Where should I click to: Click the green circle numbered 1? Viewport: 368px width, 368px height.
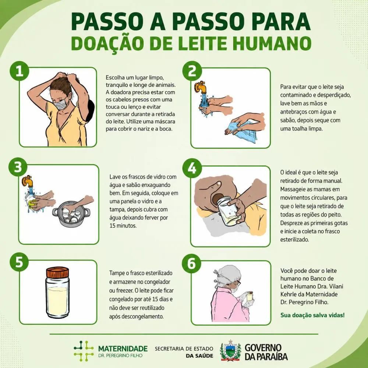pos(20,71)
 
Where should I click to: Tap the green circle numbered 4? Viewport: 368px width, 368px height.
pos(192,168)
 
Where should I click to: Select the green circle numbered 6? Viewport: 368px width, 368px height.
pos(192,263)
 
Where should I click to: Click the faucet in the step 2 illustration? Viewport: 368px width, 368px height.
pos(201,87)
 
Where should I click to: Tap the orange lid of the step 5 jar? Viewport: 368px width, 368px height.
pos(57,272)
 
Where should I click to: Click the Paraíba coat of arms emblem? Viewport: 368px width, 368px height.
pos(230,350)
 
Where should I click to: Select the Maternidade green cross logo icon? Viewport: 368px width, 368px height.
pos(84,351)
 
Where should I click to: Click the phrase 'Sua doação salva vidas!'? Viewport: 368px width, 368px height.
pos(312,315)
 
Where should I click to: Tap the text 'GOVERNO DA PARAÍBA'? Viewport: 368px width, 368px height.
pos(266,352)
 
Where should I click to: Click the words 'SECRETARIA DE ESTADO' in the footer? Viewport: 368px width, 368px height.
pos(184,348)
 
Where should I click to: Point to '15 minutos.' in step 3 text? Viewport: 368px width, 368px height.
pos(123,226)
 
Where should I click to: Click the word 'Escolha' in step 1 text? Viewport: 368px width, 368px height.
pos(115,77)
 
